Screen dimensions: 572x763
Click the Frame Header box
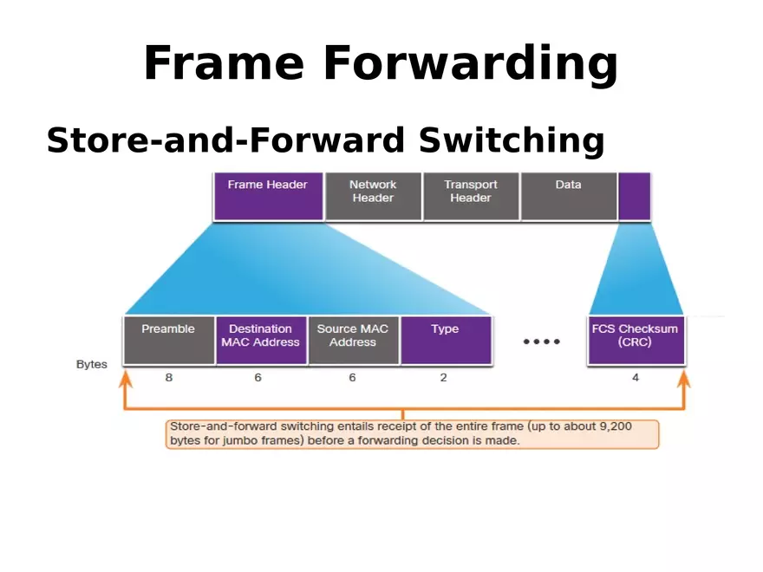(x=267, y=196)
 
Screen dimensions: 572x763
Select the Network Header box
(x=373, y=196)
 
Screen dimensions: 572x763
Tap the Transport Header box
(x=471, y=196)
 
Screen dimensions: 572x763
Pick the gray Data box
(x=568, y=196)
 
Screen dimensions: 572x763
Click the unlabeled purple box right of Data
(x=634, y=196)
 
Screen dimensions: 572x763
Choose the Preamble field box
(x=168, y=340)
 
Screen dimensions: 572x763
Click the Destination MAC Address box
(x=260, y=340)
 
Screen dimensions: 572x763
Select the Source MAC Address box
(x=353, y=340)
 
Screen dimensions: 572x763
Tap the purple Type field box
(x=446, y=340)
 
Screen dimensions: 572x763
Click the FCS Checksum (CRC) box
(x=635, y=340)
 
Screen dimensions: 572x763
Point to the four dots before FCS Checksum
(x=541, y=341)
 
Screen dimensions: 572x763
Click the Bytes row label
(x=92, y=364)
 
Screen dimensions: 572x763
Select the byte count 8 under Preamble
(x=168, y=378)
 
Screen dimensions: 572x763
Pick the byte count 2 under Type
(x=444, y=378)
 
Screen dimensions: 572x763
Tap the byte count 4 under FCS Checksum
(x=636, y=378)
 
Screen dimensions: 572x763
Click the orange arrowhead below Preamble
(x=126, y=378)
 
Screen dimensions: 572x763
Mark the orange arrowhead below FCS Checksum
(x=684, y=378)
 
